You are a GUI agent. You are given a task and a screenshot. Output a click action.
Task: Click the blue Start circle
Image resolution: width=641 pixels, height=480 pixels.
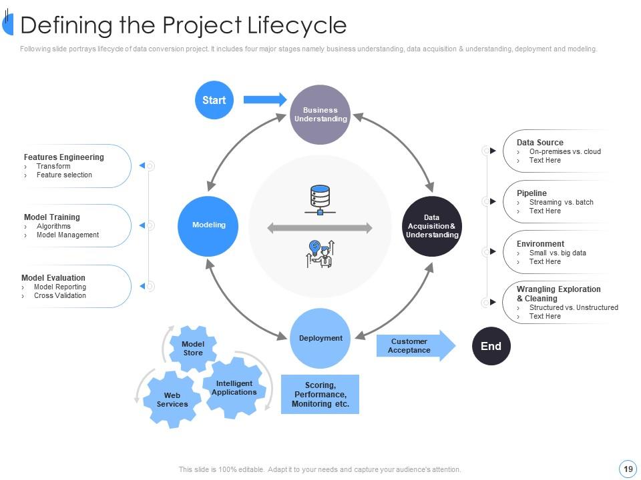coord(214,100)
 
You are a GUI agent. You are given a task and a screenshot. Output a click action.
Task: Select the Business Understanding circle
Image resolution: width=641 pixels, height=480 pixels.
coord(320,115)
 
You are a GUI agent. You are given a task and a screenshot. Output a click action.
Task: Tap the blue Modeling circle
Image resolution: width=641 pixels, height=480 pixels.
coord(209,225)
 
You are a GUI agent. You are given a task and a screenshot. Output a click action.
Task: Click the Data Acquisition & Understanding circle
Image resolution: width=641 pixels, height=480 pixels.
coord(432,226)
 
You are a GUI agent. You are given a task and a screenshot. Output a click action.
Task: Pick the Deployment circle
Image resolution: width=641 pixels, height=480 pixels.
coord(320,338)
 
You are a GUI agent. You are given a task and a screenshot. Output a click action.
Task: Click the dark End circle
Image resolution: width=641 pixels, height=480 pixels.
coord(491,346)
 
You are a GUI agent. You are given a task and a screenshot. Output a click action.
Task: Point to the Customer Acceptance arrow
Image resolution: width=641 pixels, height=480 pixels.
coord(414,345)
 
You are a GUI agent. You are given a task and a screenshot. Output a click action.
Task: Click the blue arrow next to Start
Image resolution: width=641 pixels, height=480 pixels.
coord(264,100)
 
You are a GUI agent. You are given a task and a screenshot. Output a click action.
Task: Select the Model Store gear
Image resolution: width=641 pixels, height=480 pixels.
coord(193,349)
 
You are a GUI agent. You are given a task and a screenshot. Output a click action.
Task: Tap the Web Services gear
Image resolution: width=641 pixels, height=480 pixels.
coord(172,399)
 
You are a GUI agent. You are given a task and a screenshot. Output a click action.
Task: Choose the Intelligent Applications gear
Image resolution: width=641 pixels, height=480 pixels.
coord(234,388)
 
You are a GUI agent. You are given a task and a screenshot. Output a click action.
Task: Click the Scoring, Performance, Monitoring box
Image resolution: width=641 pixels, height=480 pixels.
coord(320,394)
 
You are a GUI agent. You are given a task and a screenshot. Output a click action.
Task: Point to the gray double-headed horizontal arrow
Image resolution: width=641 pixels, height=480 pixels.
coord(320,229)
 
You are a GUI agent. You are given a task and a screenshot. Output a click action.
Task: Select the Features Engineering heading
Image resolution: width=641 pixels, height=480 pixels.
coord(64,157)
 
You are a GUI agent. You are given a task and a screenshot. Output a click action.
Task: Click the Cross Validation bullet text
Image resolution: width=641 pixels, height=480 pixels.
coord(60,295)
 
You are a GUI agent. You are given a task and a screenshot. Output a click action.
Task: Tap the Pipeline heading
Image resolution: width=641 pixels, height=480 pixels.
coord(531,193)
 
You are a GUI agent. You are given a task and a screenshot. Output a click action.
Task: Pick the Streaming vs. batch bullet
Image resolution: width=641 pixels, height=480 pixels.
coord(561,202)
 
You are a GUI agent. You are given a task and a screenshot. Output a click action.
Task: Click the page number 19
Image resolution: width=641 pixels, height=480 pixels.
coord(628,469)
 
